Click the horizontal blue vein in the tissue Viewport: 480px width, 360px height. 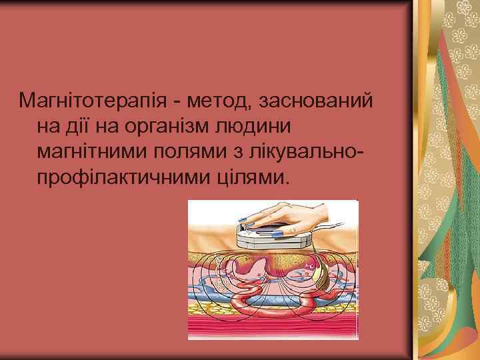(220, 293)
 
